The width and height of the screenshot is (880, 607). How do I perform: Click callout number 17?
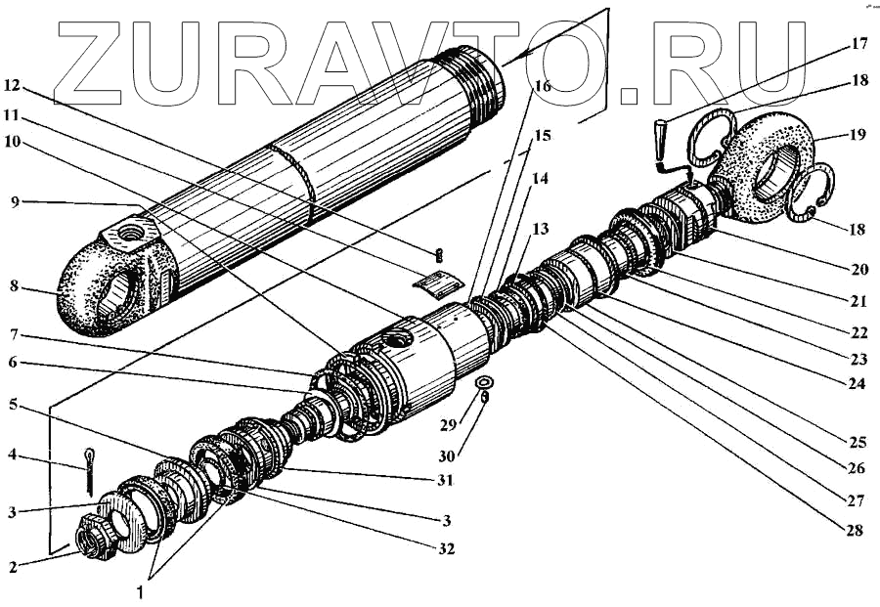pyautogui.click(x=858, y=44)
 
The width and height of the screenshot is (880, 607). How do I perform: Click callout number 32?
pyautogui.click(x=447, y=549)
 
